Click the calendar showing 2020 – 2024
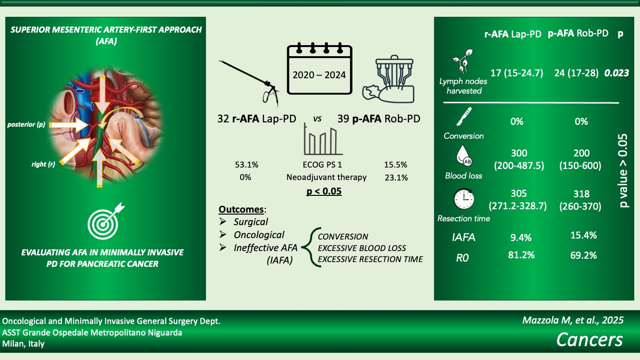(319, 69)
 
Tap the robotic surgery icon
(388, 79)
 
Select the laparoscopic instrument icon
(249, 83)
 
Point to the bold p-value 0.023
(616, 73)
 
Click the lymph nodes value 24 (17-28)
(576, 73)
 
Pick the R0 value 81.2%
(521, 255)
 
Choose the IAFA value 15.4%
(583, 235)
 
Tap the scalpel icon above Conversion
(464, 117)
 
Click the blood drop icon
(464, 156)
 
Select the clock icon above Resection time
(464, 199)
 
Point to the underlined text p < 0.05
(324, 191)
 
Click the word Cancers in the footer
(590, 340)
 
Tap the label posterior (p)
(26, 125)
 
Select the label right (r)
(43, 164)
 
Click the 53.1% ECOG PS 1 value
(247, 165)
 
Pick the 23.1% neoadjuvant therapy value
(396, 178)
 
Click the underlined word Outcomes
(241, 209)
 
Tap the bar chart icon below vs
(323, 139)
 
